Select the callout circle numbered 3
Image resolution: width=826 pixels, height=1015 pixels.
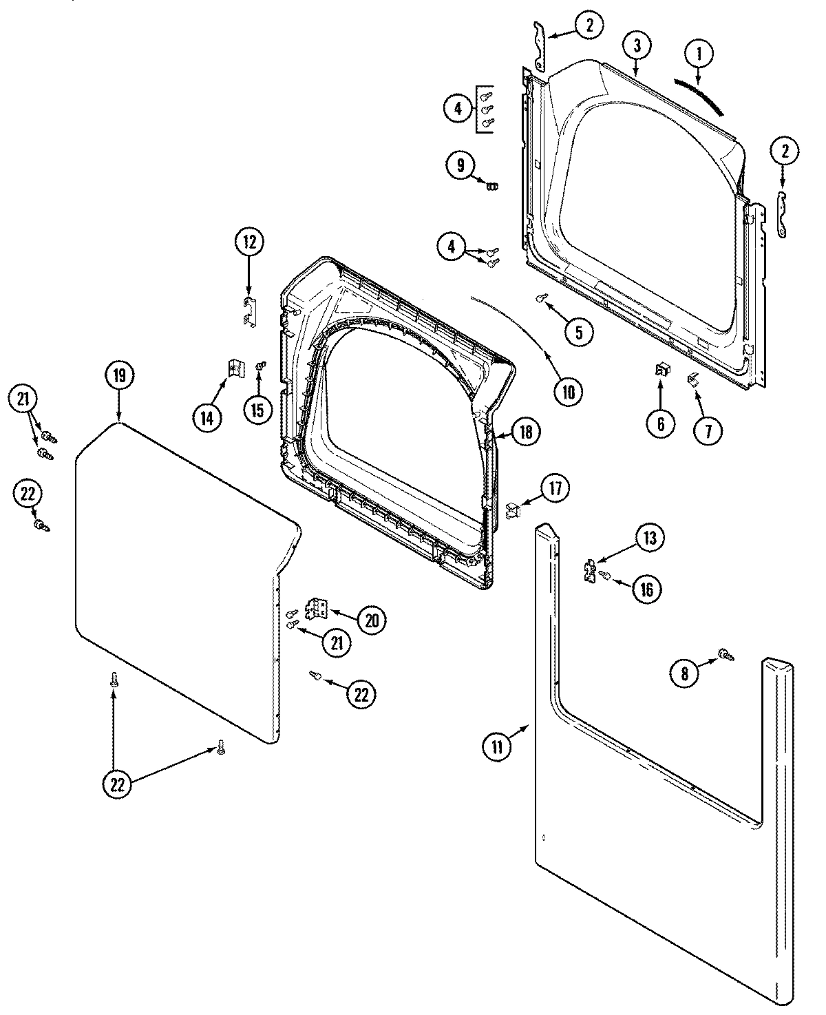(x=637, y=46)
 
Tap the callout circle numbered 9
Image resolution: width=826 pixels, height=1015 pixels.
(x=460, y=165)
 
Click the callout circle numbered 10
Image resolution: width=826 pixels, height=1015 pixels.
(x=568, y=391)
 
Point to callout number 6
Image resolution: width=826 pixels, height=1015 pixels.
(x=660, y=423)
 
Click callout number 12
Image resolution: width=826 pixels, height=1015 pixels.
(x=248, y=242)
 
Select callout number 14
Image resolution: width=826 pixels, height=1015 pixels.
(x=207, y=417)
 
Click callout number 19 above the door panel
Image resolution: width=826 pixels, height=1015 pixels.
(x=119, y=375)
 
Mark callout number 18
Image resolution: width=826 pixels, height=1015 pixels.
(x=526, y=432)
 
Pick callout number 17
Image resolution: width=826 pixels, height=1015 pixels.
(x=554, y=488)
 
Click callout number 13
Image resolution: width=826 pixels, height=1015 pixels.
(x=650, y=538)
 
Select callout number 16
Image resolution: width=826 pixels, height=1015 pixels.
(x=646, y=588)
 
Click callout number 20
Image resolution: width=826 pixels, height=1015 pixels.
(x=370, y=620)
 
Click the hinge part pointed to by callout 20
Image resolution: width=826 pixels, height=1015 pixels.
(x=319, y=607)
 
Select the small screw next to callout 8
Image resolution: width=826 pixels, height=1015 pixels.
(x=724, y=654)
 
